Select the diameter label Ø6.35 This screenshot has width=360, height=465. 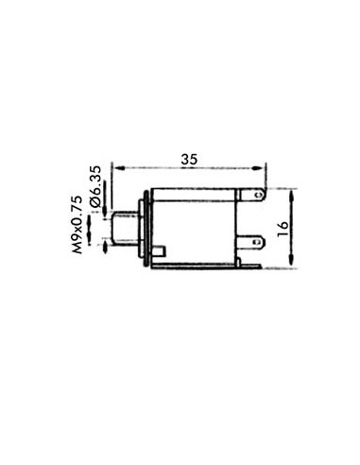(x=95, y=185)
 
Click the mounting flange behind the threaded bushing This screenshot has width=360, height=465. (x=144, y=230)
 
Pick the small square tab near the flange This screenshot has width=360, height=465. (x=163, y=251)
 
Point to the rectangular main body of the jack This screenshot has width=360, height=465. (x=194, y=222)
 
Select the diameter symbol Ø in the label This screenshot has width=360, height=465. (x=95, y=201)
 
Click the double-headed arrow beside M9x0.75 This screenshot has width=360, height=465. (x=90, y=229)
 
